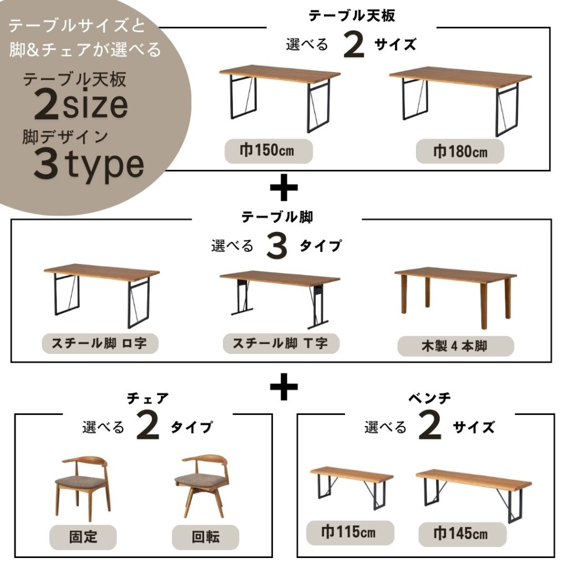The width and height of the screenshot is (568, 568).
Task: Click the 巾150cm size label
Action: point(268,151)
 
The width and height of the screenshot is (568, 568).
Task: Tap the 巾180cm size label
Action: point(460,152)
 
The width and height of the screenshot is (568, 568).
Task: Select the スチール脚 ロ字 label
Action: point(100,343)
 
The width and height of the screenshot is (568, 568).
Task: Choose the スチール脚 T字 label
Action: point(281,343)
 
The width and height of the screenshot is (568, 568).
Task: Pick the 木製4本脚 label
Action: point(455,346)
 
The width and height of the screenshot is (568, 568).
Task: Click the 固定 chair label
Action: point(83,537)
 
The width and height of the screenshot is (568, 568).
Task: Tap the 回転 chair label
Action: point(205,537)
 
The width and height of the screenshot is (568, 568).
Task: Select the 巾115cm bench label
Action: point(350,532)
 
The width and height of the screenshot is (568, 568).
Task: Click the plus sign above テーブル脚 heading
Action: point(284,187)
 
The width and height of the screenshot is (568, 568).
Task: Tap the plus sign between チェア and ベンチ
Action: point(284,386)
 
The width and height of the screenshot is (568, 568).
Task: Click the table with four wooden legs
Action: point(455,297)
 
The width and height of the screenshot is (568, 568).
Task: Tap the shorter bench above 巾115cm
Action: point(352,488)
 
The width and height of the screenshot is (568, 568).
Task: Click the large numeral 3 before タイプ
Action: point(277,247)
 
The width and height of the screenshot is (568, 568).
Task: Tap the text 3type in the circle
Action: point(89,165)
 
